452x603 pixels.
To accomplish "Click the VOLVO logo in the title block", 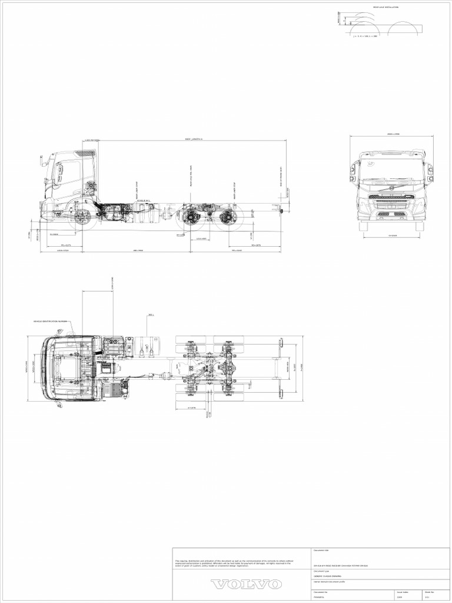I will click(x=246, y=584).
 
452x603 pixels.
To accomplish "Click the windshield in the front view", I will click(x=391, y=168).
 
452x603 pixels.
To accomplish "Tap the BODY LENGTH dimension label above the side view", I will click(x=194, y=140).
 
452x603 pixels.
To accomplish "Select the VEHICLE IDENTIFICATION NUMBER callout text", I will click(x=51, y=322).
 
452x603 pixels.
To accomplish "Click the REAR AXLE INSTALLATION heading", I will click(x=385, y=7).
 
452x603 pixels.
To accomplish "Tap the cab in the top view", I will click(x=71, y=368).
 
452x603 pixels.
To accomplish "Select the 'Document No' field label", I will click(x=321, y=592).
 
